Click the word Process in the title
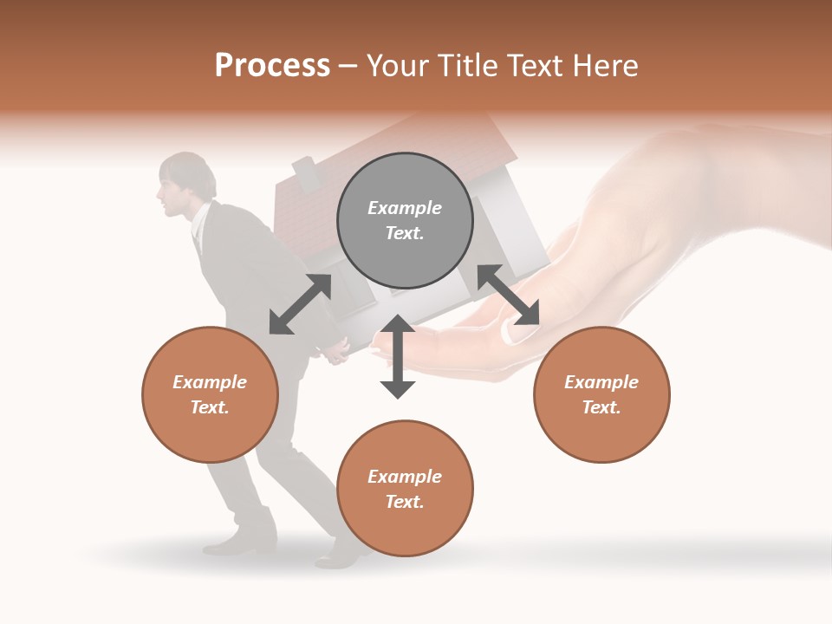[x=272, y=66]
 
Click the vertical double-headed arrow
[x=398, y=356]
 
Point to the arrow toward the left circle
[x=300, y=304]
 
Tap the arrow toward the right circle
[x=508, y=295]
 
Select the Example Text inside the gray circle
[x=405, y=220]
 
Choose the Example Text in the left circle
[x=210, y=394]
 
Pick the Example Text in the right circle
[x=601, y=394]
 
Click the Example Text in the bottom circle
[x=405, y=489]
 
